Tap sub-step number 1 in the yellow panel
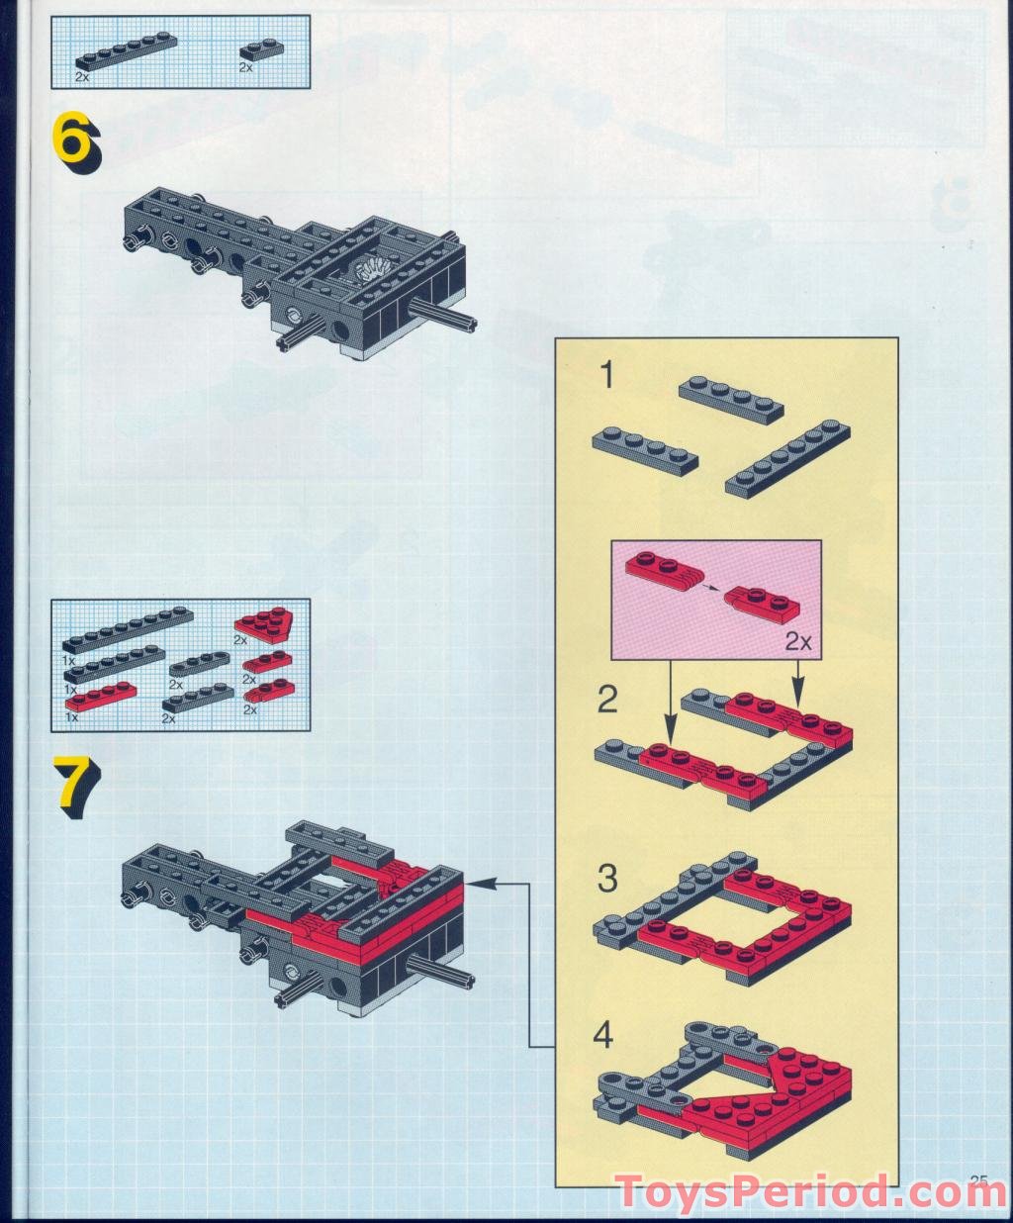click(607, 375)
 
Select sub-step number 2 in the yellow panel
click(607, 700)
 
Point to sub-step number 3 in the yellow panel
click(607, 879)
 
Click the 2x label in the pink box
click(798, 642)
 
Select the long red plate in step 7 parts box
click(101, 694)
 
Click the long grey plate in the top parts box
click(126, 51)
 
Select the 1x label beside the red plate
click(71, 716)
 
